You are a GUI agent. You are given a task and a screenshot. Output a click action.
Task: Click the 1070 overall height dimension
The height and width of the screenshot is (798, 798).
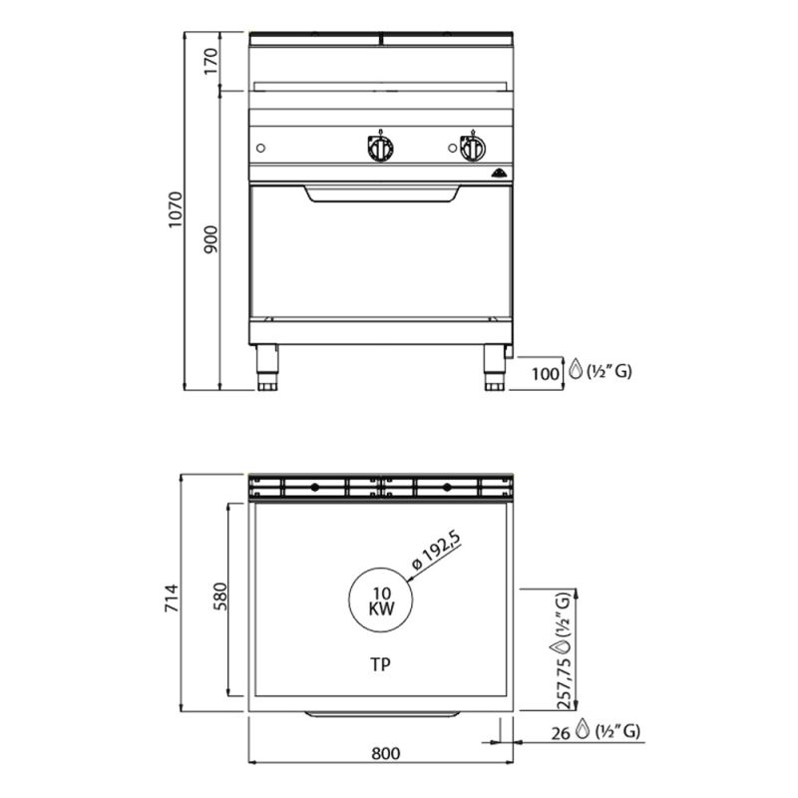[176, 209]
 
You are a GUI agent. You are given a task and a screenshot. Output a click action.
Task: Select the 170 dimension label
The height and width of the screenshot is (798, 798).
[210, 61]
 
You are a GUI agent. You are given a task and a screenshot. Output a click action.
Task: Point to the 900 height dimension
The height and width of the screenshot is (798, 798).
[210, 239]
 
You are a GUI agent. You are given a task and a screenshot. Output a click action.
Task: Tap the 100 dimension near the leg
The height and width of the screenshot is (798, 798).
[545, 373]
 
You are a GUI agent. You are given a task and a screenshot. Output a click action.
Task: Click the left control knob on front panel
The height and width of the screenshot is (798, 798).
[380, 148]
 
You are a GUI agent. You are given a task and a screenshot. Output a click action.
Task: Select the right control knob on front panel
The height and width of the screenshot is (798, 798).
[472, 148]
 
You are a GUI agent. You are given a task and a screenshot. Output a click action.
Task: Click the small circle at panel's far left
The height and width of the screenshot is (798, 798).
[260, 148]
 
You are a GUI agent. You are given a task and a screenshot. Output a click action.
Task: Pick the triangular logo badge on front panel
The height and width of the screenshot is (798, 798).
[500, 174]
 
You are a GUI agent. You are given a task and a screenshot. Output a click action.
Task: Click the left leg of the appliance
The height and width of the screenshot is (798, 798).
[267, 368]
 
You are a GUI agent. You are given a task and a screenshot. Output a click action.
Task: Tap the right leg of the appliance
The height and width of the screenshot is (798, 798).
[495, 368]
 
